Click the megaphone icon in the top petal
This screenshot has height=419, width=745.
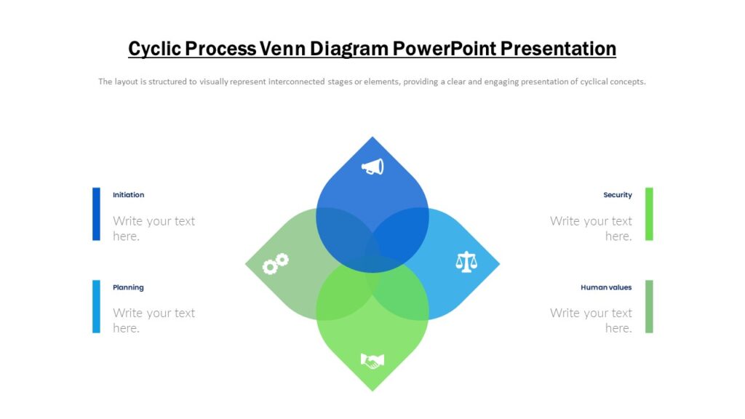point(372,167)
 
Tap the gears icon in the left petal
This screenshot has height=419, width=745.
point(276,263)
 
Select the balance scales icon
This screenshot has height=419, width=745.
point(466,262)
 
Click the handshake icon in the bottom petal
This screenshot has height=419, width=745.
point(372,360)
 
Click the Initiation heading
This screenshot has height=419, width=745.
point(129,195)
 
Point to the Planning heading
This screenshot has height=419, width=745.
point(129,287)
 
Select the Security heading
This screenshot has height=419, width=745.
point(617,195)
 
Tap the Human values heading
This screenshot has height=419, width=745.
point(606,287)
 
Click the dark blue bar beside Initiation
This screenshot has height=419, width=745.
point(96,214)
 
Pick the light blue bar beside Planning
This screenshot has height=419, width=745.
point(96,306)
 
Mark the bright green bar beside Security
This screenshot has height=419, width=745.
point(649,214)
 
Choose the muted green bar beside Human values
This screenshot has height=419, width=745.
point(649,306)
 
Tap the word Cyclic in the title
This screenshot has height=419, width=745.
point(154,49)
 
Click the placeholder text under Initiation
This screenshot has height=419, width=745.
point(154,228)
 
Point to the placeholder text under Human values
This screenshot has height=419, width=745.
point(591,320)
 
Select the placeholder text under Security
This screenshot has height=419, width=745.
point(591,228)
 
